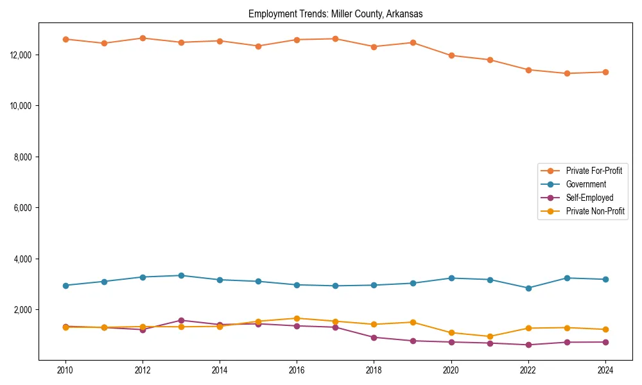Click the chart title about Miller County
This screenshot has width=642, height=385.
pos(335,14)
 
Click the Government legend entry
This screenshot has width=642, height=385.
pos(586,184)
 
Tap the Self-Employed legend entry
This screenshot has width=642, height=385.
pos(589,198)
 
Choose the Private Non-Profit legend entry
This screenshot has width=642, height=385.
pos(595,211)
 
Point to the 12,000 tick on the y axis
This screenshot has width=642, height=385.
pos(23,55)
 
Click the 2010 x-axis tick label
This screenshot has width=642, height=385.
pos(65,370)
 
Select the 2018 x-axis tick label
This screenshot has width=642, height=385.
pos(374,370)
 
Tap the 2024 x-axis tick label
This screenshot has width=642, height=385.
pos(605,370)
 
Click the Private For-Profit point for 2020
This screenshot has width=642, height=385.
pos(451,55)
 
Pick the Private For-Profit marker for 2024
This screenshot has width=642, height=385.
pos(605,72)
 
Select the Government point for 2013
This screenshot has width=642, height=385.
pos(181,275)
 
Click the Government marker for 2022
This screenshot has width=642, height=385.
pos(528,288)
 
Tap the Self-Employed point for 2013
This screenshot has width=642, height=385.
pos(181,320)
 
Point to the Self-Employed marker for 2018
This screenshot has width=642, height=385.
pos(374,337)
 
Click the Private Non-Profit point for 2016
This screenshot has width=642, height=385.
pos(297,318)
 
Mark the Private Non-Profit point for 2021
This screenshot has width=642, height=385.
pos(490,336)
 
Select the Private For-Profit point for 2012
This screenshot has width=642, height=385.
pos(143,38)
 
